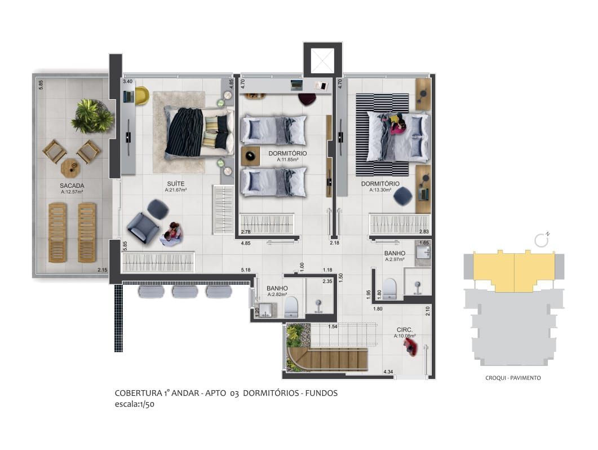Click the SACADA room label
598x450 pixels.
click(x=72, y=185)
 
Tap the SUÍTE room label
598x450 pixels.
click(x=176, y=183)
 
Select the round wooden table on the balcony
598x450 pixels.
click(x=70, y=167)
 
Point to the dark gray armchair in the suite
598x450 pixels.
click(x=143, y=227)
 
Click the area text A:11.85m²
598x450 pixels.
click(x=287, y=160)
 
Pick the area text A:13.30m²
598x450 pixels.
click(x=380, y=190)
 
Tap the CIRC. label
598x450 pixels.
click(x=405, y=330)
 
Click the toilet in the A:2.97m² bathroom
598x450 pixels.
click(x=390, y=288)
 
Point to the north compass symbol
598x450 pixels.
click(x=542, y=240)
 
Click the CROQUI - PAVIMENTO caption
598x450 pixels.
click(x=513, y=378)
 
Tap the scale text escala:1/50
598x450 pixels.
click(x=134, y=404)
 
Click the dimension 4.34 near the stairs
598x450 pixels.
click(x=388, y=372)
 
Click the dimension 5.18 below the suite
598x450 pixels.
click(x=245, y=271)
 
